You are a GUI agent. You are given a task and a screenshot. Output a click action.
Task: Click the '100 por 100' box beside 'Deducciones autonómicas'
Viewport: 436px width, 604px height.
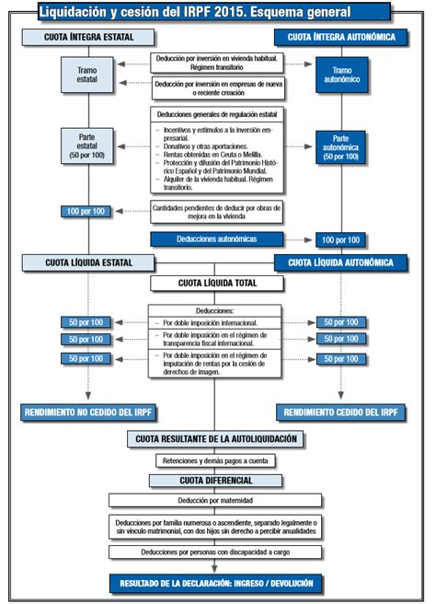(340, 239)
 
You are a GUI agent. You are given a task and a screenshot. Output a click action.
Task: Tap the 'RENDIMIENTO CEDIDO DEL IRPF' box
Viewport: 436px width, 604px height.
(341, 412)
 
